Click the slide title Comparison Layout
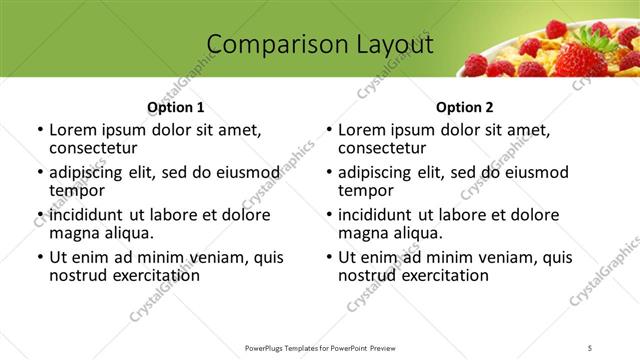pos(320,44)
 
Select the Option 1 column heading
pos(176,107)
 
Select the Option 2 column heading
pos(465,107)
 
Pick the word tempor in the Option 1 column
pos(76,191)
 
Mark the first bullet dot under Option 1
pos(39,131)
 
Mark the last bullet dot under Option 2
pos(328,257)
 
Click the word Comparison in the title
pos(266,44)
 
